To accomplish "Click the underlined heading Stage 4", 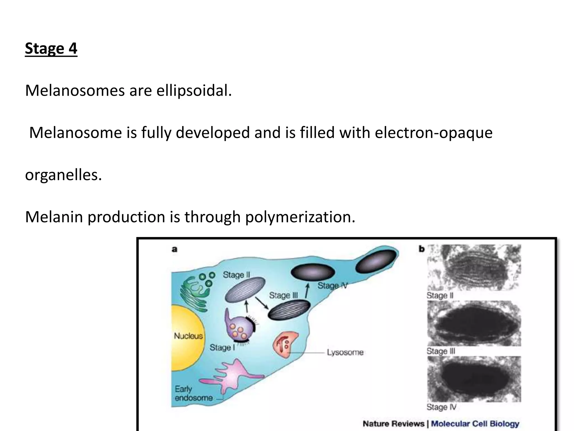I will (51, 48).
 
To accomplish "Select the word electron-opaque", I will (433, 132).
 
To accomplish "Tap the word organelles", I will (63, 175).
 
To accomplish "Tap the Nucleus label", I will (188, 336).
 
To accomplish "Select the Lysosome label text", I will (345, 352).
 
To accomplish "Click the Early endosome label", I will (193, 393).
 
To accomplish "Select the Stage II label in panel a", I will (236, 275).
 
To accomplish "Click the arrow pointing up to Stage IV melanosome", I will (307, 290).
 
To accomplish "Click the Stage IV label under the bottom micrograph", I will (441, 407).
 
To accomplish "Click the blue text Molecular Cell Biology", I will (475, 424).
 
